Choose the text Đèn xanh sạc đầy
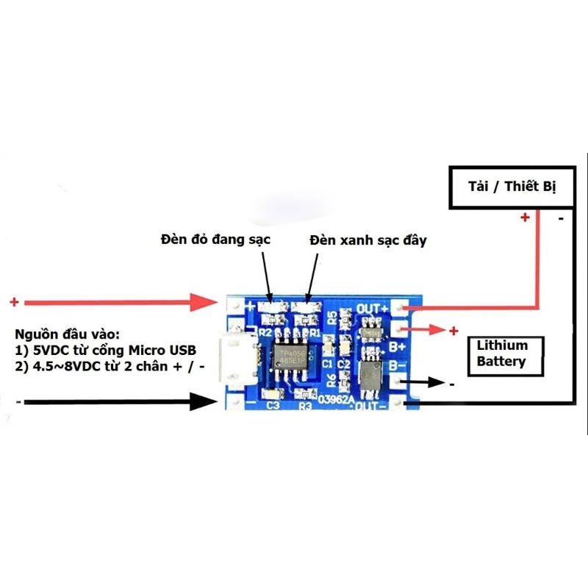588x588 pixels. pyautogui.click(x=367, y=240)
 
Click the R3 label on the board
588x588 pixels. pyautogui.click(x=306, y=405)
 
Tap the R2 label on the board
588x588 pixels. pyautogui.click(x=268, y=333)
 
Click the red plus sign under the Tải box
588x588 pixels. pyautogui.click(x=525, y=218)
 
